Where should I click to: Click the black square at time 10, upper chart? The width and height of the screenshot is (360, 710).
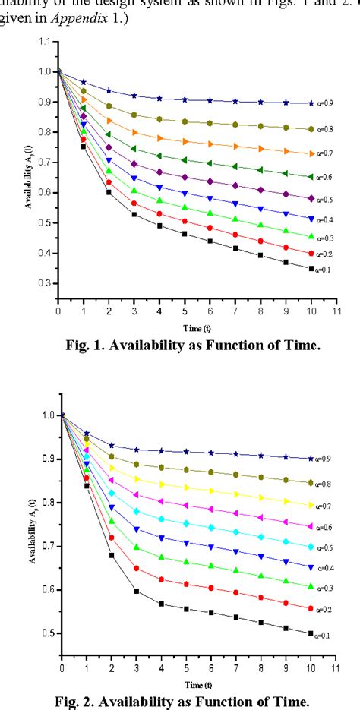pos(311,269)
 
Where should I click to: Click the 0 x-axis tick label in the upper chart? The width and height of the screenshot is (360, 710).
pos(58,312)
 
